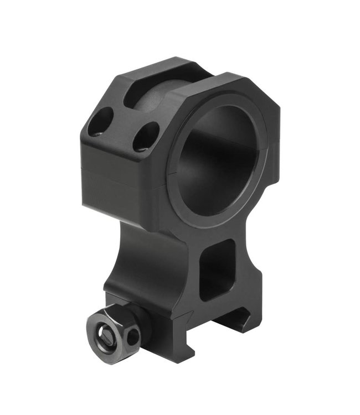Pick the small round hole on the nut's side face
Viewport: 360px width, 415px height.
click(133, 335)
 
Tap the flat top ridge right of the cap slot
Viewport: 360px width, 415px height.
click(222, 83)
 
